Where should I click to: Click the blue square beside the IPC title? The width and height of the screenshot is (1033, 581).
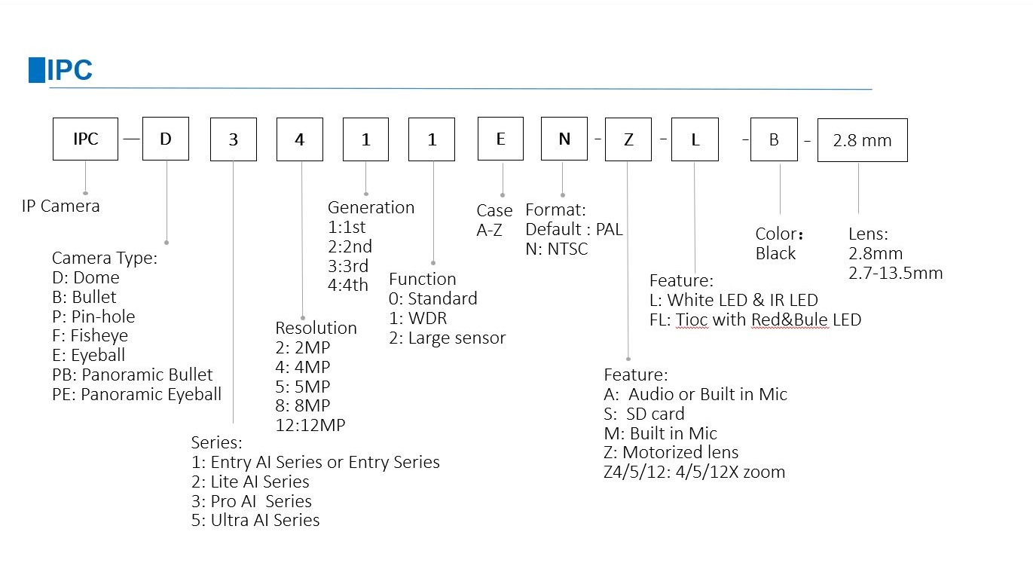37,70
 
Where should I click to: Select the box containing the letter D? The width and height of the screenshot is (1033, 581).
166,139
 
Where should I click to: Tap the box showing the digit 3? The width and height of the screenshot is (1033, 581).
234,139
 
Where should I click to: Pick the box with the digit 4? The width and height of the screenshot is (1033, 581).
300,139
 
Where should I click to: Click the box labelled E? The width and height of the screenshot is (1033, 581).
500,139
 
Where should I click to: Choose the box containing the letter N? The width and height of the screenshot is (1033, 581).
564,139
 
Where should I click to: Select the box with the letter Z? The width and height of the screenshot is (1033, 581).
628,139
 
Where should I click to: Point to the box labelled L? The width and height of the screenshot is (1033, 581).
695,139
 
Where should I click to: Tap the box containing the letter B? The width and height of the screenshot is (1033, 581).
774,139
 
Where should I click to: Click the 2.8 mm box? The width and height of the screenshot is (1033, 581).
863,140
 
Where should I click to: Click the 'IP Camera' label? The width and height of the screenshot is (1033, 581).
60,206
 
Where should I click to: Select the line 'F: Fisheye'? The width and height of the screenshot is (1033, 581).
90,335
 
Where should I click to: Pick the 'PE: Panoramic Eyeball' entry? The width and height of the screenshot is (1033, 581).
136,394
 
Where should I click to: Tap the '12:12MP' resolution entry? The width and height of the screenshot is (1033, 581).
310,425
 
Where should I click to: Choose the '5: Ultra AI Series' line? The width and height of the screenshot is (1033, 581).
255,520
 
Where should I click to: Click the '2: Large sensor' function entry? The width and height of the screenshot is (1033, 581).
447,338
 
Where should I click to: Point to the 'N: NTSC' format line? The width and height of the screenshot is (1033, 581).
557,249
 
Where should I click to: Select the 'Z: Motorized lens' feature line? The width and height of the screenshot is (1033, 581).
671,452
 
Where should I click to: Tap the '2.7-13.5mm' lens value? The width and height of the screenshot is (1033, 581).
896,273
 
